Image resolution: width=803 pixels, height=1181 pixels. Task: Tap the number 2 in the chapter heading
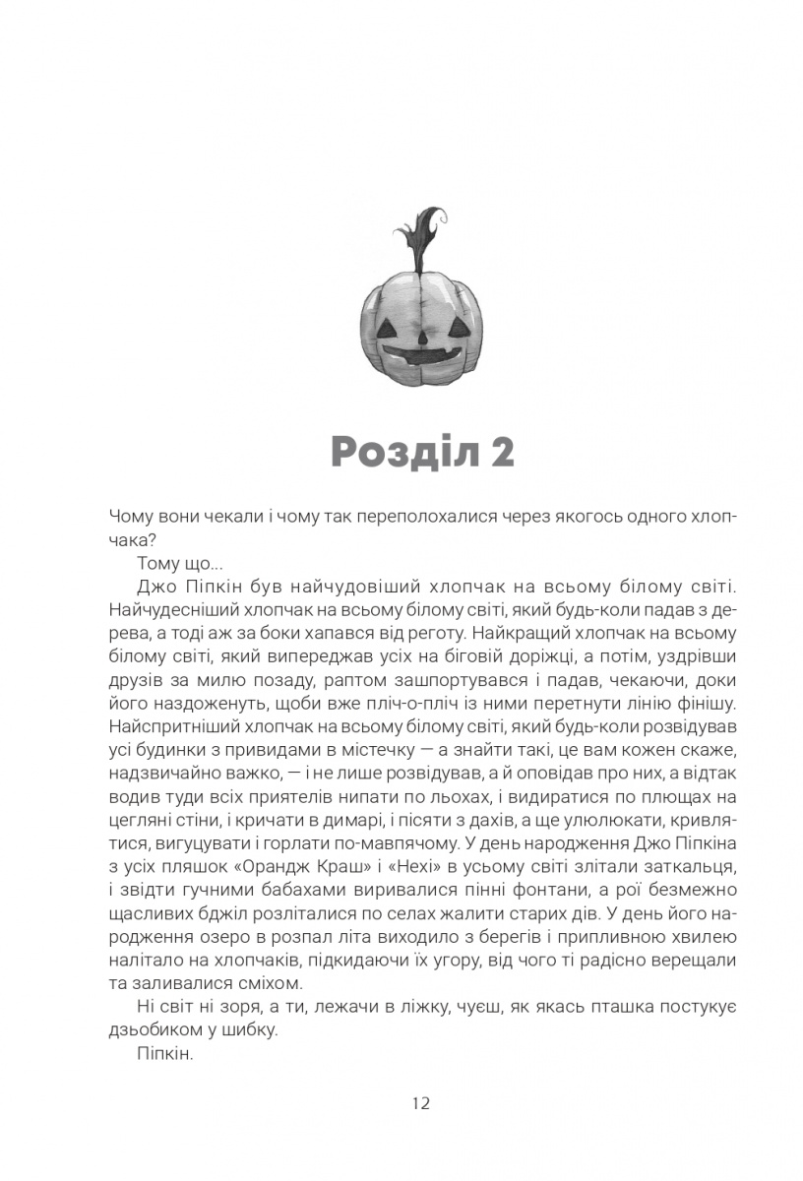pos(500,453)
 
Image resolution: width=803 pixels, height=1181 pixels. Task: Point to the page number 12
pos(420,1102)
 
